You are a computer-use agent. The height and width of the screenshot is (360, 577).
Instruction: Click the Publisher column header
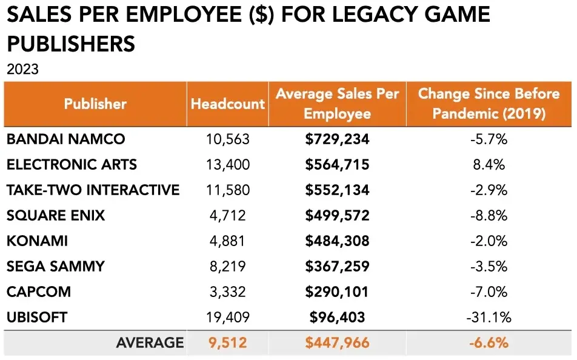point(95,104)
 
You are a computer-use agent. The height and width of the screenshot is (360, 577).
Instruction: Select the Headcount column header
point(228,104)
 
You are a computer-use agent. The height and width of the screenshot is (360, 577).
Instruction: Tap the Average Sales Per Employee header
point(337,104)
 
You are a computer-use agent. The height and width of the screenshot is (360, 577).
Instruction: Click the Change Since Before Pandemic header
point(489,104)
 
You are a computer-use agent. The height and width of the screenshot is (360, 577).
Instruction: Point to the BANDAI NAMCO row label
point(65,139)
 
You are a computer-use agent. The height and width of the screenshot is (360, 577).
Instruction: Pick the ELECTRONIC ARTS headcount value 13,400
point(228,164)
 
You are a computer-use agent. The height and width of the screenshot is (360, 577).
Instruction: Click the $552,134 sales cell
point(337,190)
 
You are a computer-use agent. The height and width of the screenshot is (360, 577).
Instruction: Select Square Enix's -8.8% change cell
point(489,215)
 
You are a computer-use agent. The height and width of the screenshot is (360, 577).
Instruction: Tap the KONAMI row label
point(37,241)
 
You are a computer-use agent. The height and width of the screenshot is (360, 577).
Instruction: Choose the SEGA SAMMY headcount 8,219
point(228,266)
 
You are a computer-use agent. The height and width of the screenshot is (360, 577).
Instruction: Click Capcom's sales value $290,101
point(337,292)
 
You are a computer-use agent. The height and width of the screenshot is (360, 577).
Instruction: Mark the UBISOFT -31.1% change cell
point(489,317)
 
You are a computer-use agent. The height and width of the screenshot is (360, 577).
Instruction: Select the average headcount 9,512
point(228,342)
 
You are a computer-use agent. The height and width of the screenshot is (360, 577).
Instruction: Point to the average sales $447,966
point(337,342)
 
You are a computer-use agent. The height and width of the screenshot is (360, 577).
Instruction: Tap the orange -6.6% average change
point(489,342)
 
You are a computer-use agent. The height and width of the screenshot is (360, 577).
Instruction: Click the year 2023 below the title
point(22,69)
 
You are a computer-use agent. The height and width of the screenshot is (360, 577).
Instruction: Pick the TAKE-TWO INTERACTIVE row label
point(93,190)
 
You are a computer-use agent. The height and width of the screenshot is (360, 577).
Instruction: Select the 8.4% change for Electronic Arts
point(489,164)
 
